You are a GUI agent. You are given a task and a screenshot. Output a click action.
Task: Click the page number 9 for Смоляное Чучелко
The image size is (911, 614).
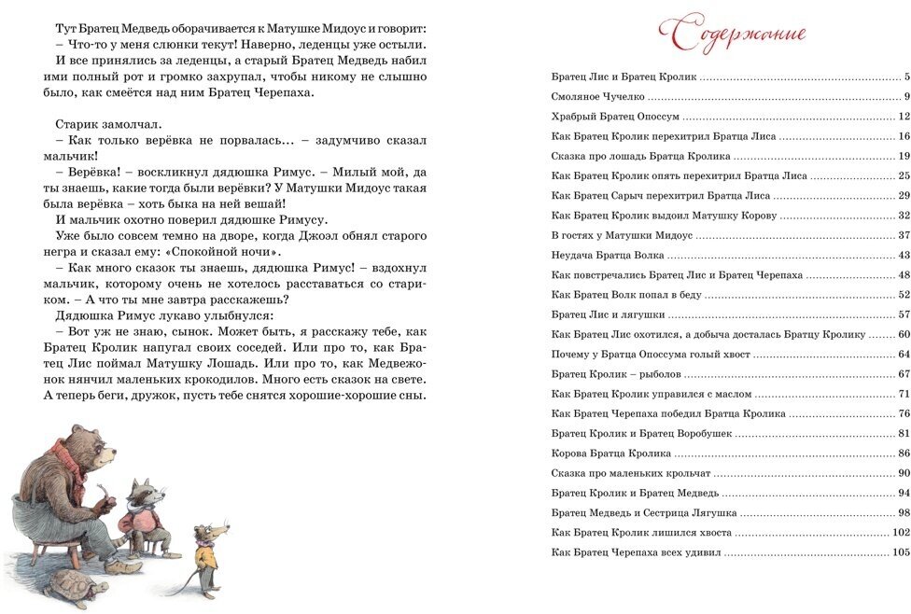pos(905,97)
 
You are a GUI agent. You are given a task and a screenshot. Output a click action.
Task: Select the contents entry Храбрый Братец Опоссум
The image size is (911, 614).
pos(615,117)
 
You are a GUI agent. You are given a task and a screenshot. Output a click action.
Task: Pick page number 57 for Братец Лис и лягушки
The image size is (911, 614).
pos(903,314)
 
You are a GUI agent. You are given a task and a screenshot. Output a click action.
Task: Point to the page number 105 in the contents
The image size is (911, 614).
pos(901,552)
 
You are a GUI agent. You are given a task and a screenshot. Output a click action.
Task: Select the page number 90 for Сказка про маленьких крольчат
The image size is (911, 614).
pos(903,473)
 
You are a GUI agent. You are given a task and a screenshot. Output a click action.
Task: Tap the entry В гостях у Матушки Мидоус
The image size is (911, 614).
pos(623,235)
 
